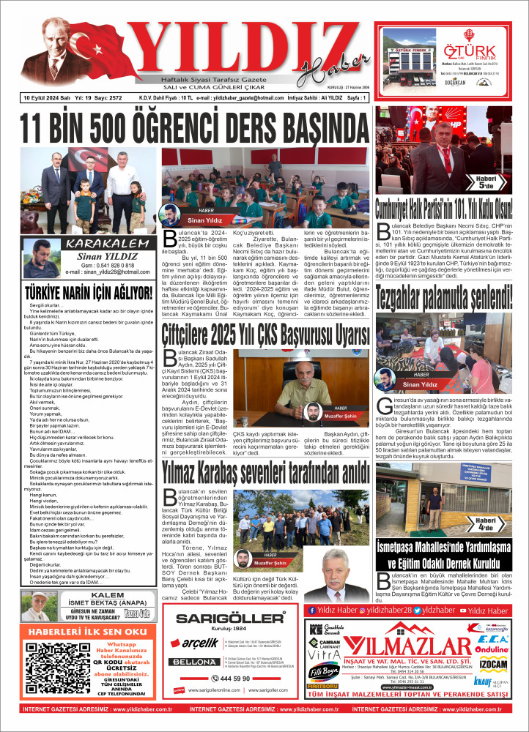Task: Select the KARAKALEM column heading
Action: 99,243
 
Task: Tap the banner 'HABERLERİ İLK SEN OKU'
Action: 84,631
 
